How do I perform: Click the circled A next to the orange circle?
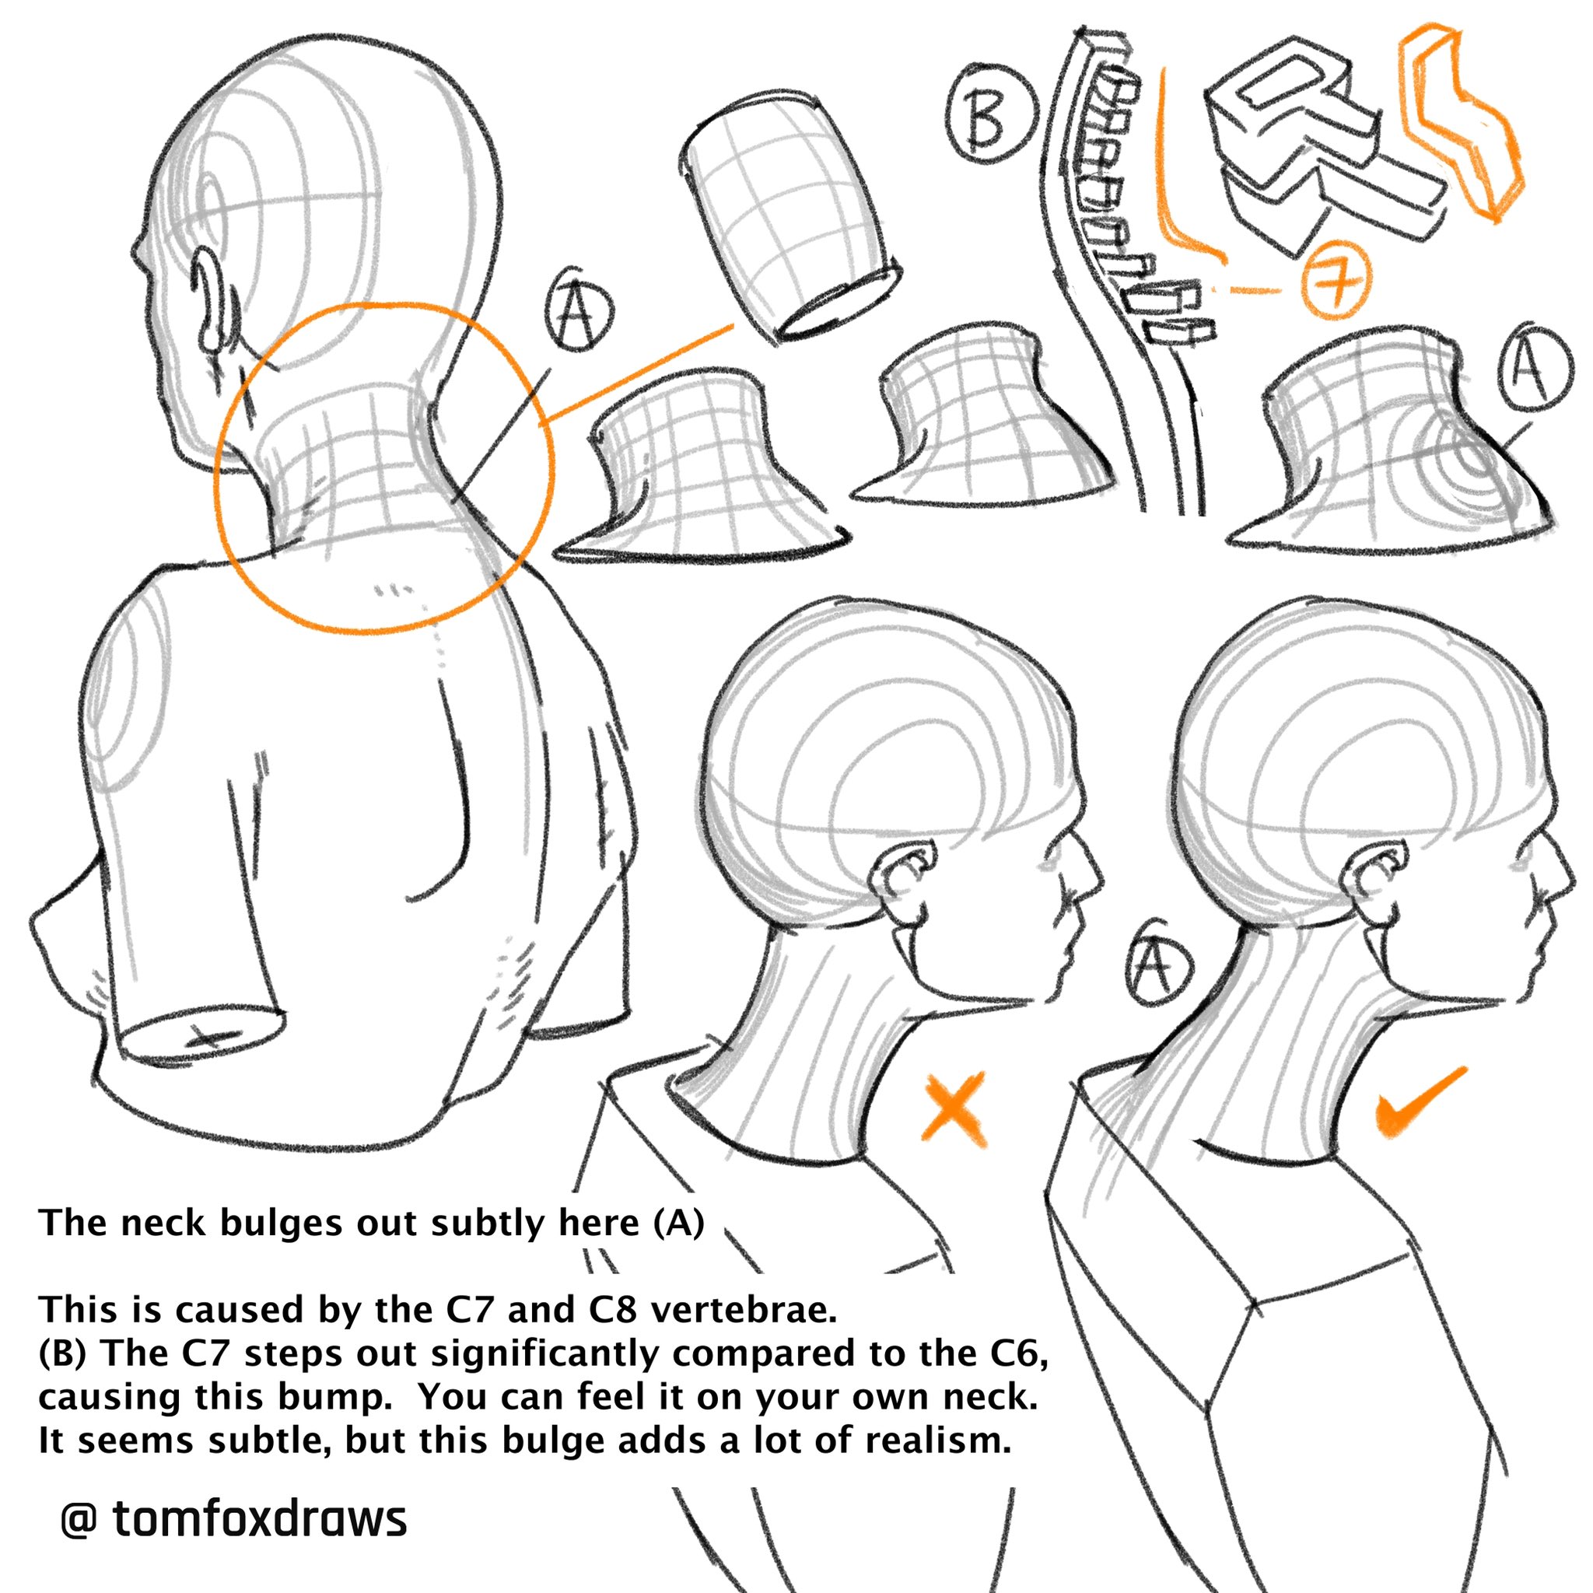579,312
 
